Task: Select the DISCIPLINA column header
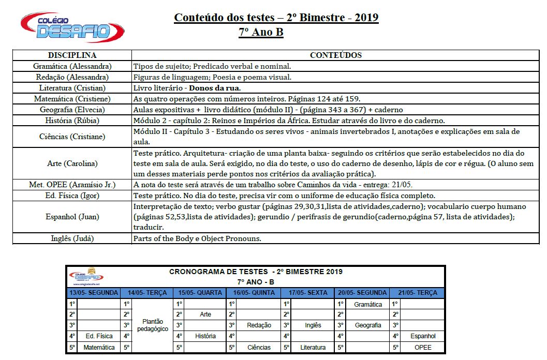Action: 72,55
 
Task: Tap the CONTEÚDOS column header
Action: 335,55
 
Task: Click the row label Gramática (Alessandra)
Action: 72,66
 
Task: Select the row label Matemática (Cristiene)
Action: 72,99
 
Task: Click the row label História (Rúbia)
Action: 72,121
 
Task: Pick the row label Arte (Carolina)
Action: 72,163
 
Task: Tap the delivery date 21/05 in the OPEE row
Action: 402,185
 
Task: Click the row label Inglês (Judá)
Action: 72,238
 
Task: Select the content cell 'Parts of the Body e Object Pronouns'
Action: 197,238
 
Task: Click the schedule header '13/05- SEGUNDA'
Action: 94,293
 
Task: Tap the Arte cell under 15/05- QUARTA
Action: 205,314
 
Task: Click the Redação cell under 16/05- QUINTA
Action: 259,325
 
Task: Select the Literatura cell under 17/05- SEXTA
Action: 313,348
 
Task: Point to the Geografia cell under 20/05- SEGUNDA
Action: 368,325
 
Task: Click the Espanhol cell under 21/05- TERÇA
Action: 423,336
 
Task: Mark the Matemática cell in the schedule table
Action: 99,348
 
